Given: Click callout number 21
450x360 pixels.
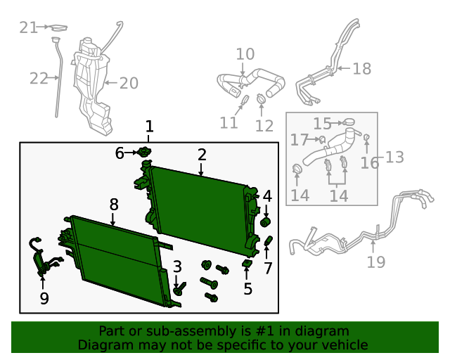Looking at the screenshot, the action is [28, 28].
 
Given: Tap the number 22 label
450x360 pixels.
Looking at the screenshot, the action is [39, 78].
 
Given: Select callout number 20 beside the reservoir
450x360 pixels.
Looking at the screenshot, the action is [129, 83].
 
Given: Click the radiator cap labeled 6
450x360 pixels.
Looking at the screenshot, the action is [145, 151].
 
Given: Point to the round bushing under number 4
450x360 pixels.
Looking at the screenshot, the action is [266, 222].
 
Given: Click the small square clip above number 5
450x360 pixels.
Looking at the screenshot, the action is [247, 263].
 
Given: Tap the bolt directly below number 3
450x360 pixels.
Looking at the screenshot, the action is [179, 288].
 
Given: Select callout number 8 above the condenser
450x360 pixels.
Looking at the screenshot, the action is [114, 205].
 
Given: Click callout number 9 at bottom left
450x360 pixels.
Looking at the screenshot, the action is [44, 299].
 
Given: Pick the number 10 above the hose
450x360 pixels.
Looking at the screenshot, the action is [245, 54].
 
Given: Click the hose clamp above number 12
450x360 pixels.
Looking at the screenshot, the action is [261, 99].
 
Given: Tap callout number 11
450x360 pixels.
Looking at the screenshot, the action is [229, 123].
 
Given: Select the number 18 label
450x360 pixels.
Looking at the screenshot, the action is [362, 69].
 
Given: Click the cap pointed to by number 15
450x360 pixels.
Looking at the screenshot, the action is [349, 122].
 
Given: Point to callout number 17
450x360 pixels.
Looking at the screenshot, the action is [300, 140].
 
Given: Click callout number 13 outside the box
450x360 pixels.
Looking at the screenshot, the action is [394, 157].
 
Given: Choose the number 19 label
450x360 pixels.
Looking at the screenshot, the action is [376, 262].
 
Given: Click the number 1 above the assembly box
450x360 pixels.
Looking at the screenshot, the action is [149, 127].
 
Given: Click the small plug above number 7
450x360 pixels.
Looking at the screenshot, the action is [268, 241].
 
